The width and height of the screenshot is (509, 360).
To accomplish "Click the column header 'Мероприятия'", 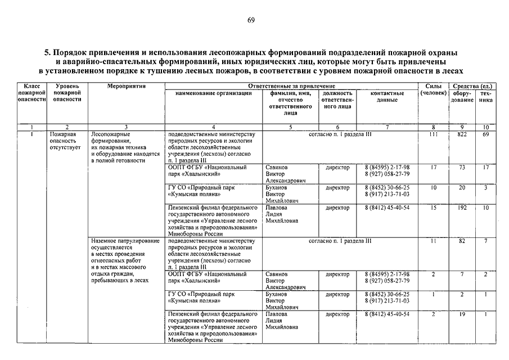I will pyautogui.click(x=127, y=86).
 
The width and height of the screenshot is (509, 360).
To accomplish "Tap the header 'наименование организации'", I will pyautogui.click(x=213, y=93).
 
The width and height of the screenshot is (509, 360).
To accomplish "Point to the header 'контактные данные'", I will pyautogui.click(x=388, y=96).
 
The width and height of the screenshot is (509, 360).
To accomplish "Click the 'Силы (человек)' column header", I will pyautogui.click(x=433, y=89).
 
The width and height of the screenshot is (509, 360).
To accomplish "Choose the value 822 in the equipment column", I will pyautogui.click(x=462, y=135).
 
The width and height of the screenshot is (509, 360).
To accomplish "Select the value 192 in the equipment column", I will pyautogui.click(x=462, y=208).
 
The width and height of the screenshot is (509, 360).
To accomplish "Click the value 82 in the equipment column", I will pyautogui.click(x=462, y=241).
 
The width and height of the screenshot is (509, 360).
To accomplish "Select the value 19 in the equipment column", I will pyautogui.click(x=462, y=314).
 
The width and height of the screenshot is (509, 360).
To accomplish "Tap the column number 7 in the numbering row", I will pyautogui.click(x=387, y=128).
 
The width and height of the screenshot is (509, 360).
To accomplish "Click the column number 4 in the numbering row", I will pyautogui.click(x=213, y=128).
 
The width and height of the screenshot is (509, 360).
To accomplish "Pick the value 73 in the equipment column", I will pyautogui.click(x=462, y=168).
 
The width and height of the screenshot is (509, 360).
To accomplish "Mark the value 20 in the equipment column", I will pyautogui.click(x=462, y=187).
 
